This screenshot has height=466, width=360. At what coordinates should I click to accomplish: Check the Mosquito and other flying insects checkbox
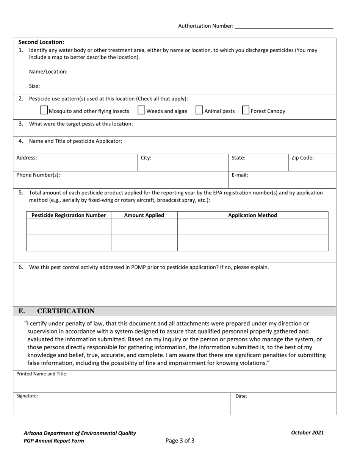coord(44,110)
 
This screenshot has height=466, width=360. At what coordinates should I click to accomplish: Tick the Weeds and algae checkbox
coord(141,110)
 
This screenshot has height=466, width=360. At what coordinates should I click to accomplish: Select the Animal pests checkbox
coord(199,110)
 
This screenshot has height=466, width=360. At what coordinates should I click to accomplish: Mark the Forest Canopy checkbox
coord(246,110)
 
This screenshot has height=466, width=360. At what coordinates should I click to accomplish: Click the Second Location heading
coord(41,42)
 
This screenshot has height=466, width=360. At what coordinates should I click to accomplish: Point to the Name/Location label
coord(48,72)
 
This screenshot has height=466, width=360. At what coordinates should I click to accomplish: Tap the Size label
coord(34,86)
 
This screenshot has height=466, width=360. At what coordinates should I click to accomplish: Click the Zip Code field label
coord(302,158)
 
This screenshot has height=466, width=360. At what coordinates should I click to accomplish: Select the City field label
coord(146,158)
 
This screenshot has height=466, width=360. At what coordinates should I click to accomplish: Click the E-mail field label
coord(240,175)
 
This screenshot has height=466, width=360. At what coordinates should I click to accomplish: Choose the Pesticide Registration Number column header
coord(69,215)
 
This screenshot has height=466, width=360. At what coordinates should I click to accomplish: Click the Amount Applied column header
coord(144,215)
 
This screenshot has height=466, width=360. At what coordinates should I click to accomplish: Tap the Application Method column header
coord(252,215)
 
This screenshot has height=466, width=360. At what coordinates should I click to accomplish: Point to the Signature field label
coord(27,396)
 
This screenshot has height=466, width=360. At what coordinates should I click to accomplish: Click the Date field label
coord(241,396)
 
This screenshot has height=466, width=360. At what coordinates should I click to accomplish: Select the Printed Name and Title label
coord(42,374)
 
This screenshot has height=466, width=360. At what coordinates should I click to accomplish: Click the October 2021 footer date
coord(307,433)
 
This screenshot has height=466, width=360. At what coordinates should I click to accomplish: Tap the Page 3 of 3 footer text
coord(180,441)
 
